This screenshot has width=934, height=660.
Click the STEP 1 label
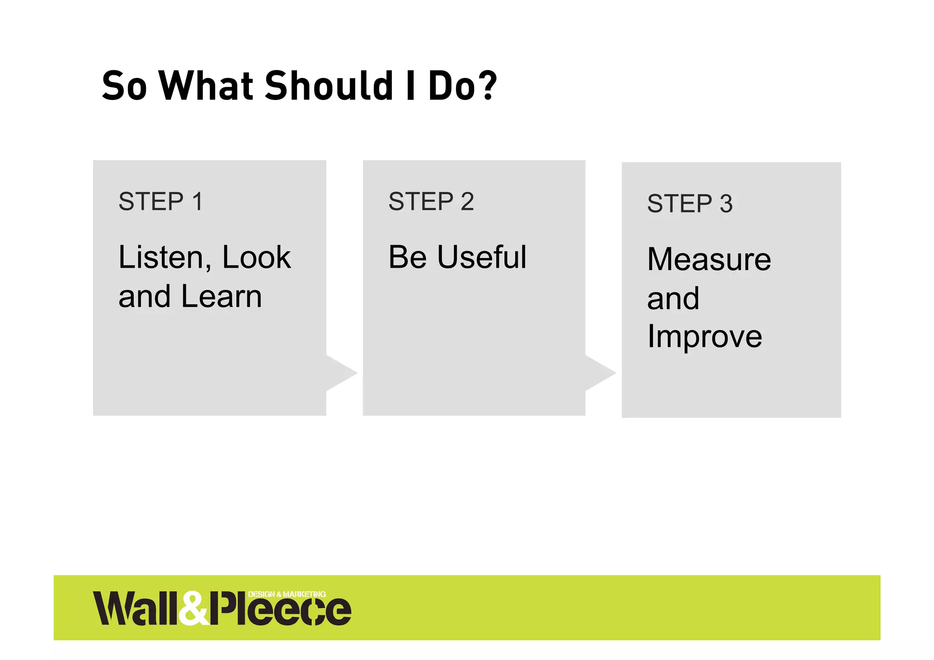[x=161, y=201]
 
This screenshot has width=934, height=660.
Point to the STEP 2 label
[x=431, y=201]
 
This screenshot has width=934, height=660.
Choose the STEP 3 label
[x=690, y=203]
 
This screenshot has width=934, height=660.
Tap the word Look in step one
[x=256, y=258]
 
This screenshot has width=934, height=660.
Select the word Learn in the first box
[x=222, y=296]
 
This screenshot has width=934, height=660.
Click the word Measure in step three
[x=709, y=259]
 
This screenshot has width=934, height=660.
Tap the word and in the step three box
[x=673, y=298]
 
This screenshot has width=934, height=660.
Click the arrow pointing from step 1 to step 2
[x=341, y=373]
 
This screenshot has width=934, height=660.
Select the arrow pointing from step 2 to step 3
[x=600, y=373]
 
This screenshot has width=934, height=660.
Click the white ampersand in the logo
[x=193, y=608]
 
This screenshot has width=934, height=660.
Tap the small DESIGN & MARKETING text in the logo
[x=287, y=594]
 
